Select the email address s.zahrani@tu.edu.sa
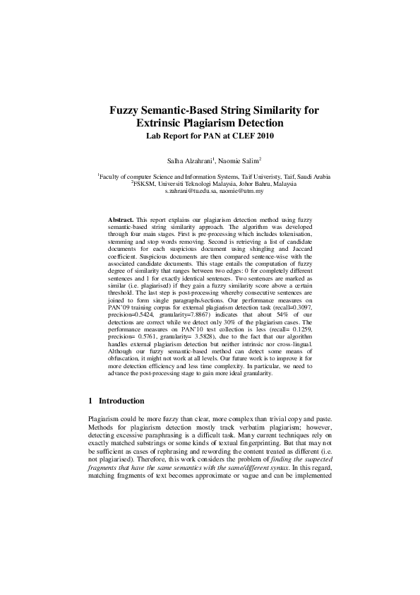point(189,191)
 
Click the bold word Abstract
point(120,220)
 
